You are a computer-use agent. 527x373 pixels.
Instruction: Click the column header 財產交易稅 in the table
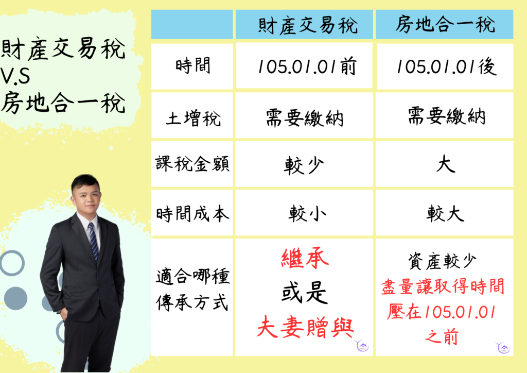[x=308, y=25]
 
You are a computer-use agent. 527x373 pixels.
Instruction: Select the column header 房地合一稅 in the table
[x=445, y=24]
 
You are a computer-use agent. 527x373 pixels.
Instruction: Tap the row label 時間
[x=192, y=65]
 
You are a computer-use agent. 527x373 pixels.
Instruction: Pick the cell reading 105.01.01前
[x=307, y=66]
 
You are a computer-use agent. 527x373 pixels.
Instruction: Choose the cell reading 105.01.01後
[x=446, y=66]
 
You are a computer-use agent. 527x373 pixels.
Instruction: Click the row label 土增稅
[x=193, y=118]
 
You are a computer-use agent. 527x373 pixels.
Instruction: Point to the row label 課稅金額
[x=192, y=164]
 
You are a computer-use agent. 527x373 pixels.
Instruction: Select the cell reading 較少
[x=304, y=165]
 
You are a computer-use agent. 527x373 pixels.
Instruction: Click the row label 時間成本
[x=192, y=214]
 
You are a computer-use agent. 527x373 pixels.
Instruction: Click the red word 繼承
[x=305, y=259]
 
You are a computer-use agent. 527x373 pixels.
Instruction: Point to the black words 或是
[x=305, y=292]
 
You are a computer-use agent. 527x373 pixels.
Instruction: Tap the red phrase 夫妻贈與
[x=305, y=327]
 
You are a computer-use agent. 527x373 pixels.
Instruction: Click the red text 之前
[x=442, y=336]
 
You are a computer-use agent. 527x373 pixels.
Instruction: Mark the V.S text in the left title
[x=15, y=76]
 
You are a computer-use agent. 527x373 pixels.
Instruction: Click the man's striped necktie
[x=94, y=242]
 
